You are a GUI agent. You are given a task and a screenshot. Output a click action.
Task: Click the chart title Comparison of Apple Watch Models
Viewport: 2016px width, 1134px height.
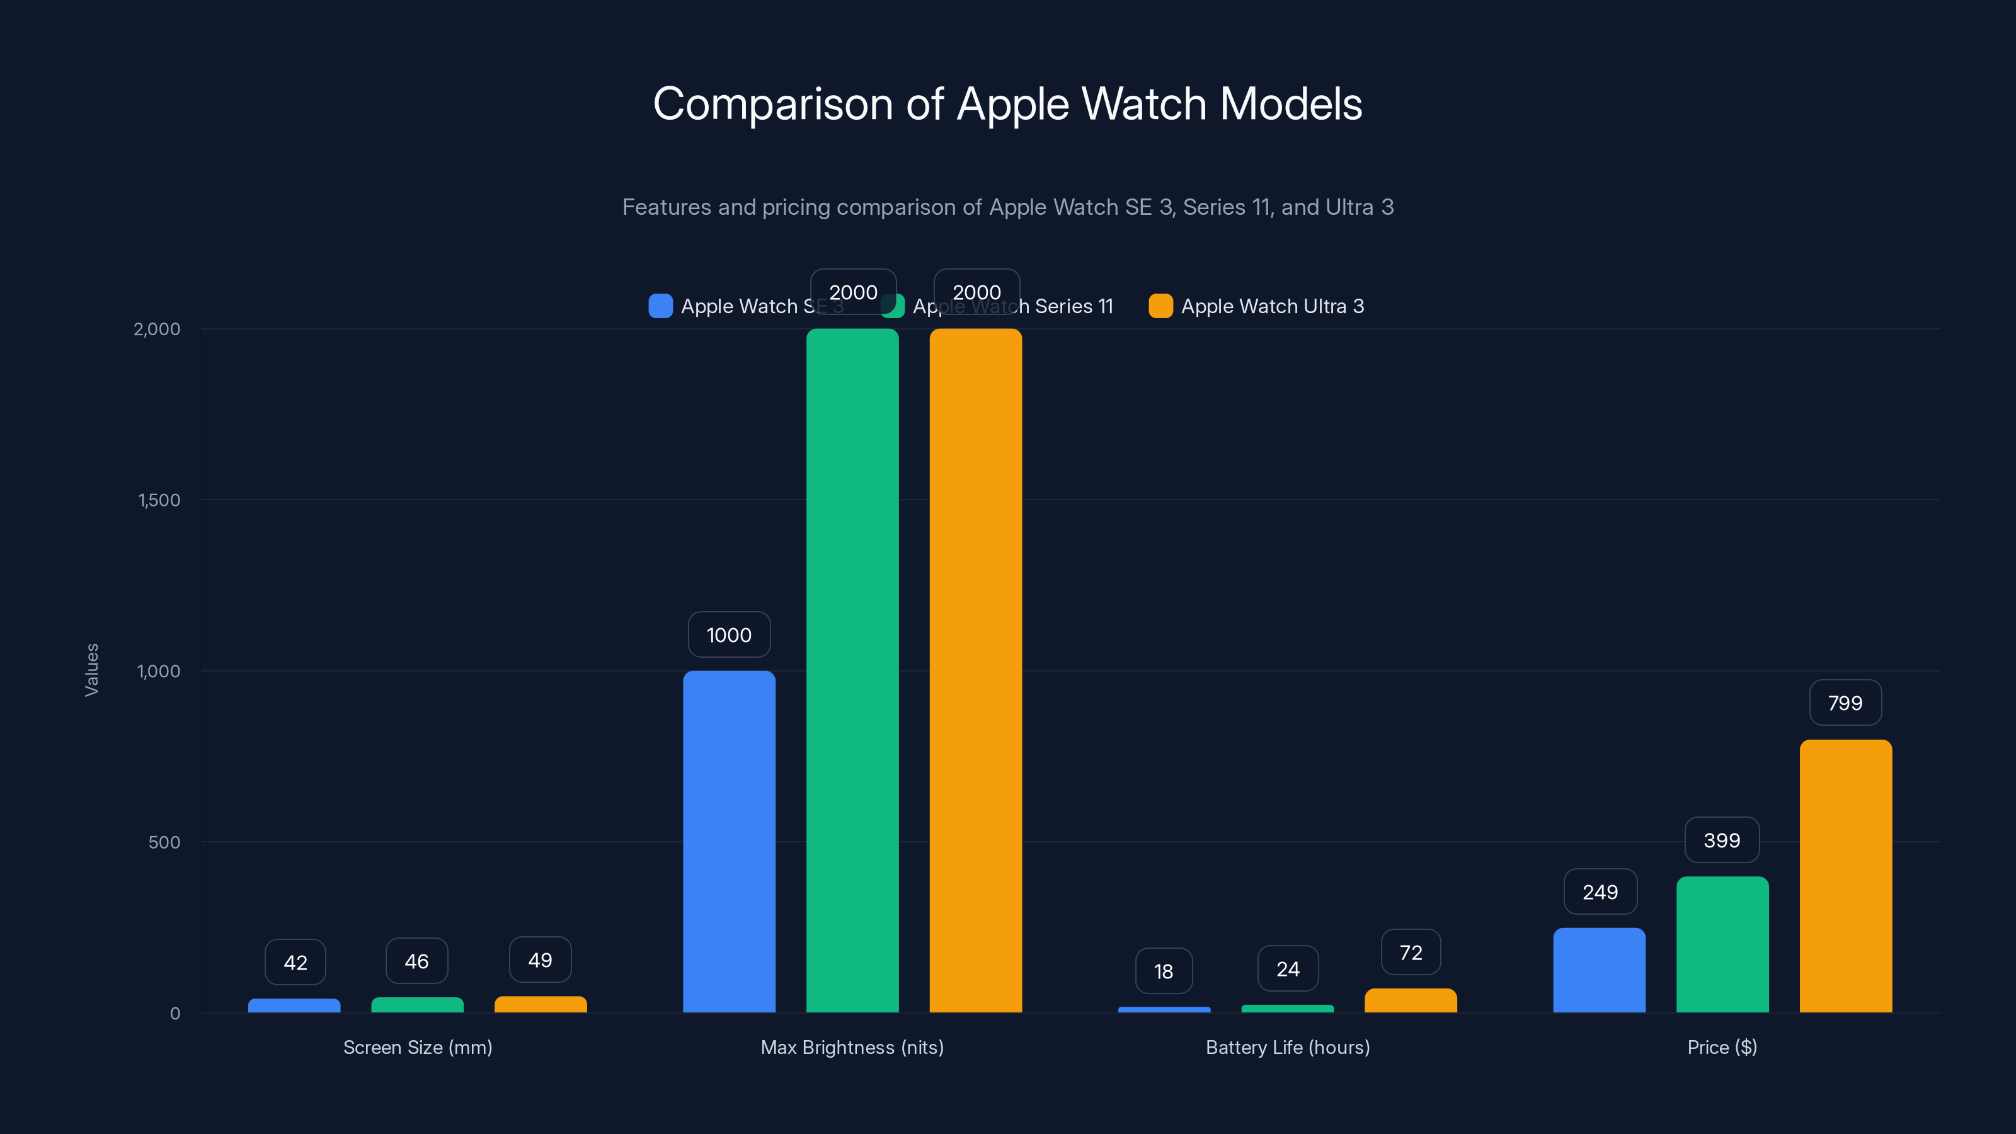1007,104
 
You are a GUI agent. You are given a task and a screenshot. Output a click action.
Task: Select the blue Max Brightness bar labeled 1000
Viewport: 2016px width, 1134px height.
729,841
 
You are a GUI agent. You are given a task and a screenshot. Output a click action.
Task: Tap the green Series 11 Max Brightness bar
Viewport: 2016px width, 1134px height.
852,671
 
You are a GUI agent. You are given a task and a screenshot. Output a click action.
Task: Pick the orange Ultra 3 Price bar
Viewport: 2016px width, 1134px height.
1845,876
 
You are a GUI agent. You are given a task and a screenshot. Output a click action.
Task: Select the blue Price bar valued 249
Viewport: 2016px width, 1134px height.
1599,970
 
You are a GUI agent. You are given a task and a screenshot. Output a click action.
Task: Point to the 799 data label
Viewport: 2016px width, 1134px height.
1845,703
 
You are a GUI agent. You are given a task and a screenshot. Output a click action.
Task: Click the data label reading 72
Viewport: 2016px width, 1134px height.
1411,953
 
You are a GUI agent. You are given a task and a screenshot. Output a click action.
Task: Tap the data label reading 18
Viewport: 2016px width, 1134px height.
1163,971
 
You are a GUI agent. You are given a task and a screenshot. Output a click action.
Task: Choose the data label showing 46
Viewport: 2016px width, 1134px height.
416,961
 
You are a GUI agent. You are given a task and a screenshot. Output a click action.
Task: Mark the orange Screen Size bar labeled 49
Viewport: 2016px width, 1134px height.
540,1004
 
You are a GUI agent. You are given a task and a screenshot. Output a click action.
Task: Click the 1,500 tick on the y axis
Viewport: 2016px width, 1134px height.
159,500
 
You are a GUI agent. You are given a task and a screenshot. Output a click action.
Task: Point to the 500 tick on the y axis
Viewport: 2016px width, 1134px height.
164,842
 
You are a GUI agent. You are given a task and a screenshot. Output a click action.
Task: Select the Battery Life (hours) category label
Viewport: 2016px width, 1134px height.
1287,1047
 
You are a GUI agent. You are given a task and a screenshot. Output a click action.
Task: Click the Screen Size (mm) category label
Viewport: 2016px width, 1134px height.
417,1047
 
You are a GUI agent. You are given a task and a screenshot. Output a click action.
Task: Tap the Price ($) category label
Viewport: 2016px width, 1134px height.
1722,1047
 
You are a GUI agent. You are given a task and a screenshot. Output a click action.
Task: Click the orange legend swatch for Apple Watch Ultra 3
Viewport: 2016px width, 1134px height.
1160,306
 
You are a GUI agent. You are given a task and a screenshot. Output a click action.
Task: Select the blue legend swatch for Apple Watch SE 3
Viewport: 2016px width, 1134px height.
660,306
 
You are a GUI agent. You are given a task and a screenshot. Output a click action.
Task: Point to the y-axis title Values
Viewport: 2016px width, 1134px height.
91,670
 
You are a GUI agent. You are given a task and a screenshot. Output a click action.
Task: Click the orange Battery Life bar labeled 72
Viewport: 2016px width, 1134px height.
1411,1001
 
